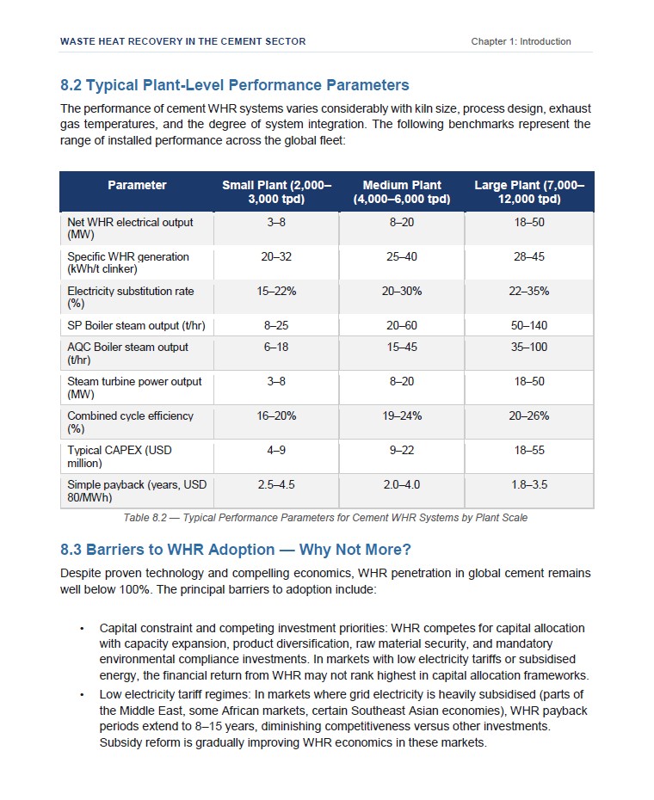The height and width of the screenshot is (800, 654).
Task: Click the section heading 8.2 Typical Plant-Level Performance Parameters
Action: tap(234, 84)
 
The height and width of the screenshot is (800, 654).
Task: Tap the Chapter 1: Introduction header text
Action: tap(521, 41)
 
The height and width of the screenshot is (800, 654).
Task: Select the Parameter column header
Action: tap(137, 185)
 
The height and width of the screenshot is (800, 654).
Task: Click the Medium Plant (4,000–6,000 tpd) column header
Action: tap(402, 192)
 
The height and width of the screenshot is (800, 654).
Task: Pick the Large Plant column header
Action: tap(529, 192)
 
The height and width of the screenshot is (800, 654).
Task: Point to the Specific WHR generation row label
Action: tap(128, 262)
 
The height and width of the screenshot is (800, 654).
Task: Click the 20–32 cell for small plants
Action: tap(276, 256)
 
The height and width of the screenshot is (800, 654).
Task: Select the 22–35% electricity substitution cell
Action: tap(529, 292)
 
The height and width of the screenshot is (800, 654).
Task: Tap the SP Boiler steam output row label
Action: tap(136, 325)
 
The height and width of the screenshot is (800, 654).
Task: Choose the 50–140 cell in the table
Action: tap(529, 325)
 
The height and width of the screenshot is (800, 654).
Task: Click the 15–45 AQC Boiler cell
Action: tap(402, 347)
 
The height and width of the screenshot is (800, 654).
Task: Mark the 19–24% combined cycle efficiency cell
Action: tap(402, 415)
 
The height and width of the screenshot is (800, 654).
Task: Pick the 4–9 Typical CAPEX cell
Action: tap(276, 451)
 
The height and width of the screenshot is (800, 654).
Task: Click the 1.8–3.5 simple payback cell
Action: tap(529, 484)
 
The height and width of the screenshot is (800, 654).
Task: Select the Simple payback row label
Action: tap(137, 491)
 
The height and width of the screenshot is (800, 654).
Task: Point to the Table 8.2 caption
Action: tap(325, 518)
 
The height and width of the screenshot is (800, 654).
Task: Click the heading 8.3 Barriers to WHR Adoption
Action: tap(236, 550)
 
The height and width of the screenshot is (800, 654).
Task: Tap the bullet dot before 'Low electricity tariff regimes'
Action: tap(82, 695)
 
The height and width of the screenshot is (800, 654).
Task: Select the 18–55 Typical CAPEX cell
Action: tap(529, 451)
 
